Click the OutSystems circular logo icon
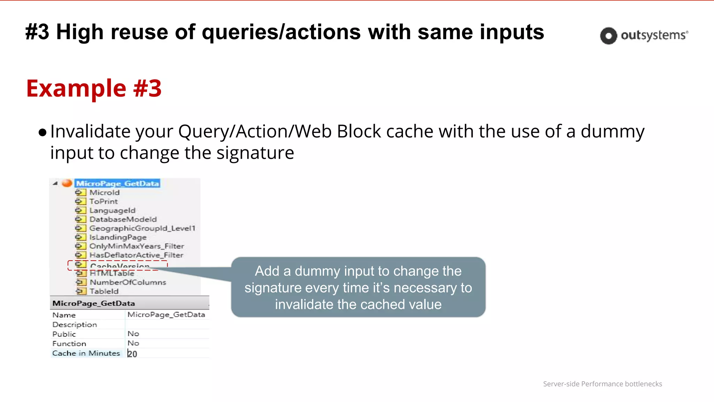click(608, 36)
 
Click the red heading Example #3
click(94, 88)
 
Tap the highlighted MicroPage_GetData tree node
click(117, 184)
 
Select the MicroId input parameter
click(104, 193)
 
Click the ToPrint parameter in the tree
click(104, 201)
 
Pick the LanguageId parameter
click(112, 210)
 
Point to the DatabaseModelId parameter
click(123, 219)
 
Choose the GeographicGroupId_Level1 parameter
click(142, 228)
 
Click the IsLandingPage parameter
click(118, 237)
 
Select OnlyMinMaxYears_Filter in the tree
click(137, 246)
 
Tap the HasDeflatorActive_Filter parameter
click(136, 255)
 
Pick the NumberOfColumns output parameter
click(128, 282)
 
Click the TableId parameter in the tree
click(104, 291)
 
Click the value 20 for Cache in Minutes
click(132, 354)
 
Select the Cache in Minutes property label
click(86, 353)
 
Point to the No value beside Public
click(133, 334)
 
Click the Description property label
click(75, 325)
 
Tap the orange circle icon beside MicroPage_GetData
click(67, 183)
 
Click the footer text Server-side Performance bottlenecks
click(602, 384)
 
